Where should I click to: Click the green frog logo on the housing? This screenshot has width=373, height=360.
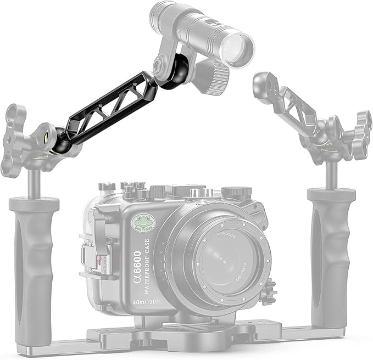point(143,223)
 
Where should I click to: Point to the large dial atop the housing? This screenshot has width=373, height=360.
point(237,193)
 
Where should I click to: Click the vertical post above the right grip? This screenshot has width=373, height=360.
point(331,175)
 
